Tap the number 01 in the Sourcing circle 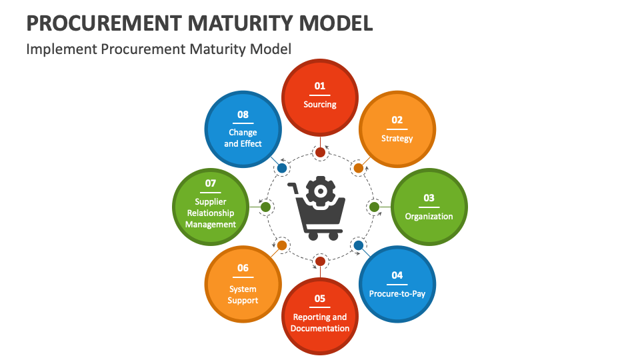(320, 86)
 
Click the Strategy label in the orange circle (397, 139)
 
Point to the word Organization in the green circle (429, 216)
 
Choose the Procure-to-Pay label (397, 293)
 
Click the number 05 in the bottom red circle (320, 299)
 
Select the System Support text (243, 295)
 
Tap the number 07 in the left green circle (211, 183)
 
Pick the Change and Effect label (243, 138)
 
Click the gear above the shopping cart (321, 191)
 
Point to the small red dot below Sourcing (320, 152)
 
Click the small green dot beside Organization (375, 207)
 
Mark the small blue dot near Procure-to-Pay (359, 245)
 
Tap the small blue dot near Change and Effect (281, 168)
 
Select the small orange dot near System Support (281, 245)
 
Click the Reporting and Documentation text (320, 323)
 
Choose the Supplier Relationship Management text (211, 213)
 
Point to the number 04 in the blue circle (397, 275)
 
